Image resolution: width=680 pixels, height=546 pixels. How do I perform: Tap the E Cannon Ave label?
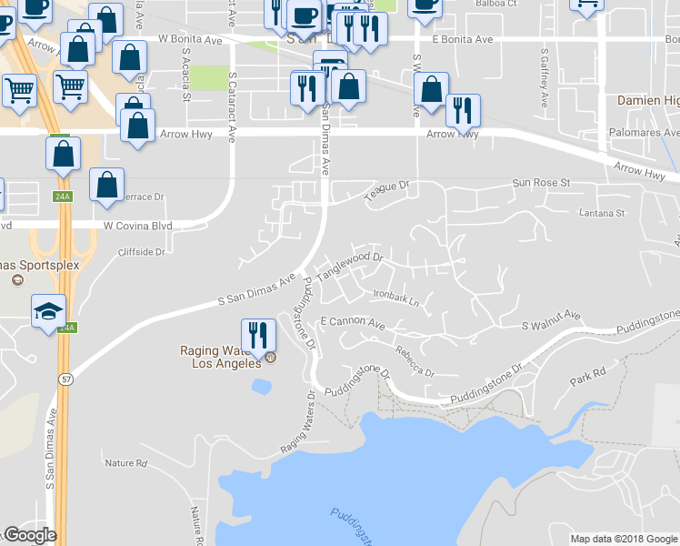point(353,324)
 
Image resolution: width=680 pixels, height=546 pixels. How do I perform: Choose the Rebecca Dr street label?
point(415,361)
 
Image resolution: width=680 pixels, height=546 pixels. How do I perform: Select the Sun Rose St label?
point(541,183)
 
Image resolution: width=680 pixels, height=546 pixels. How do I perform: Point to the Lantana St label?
point(603,214)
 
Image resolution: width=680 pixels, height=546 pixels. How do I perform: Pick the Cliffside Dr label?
point(141,252)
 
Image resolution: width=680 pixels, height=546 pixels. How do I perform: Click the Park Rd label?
point(586,374)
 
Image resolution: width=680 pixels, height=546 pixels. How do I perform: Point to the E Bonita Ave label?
point(462,40)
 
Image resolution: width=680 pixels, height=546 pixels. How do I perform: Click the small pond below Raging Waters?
point(262,387)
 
